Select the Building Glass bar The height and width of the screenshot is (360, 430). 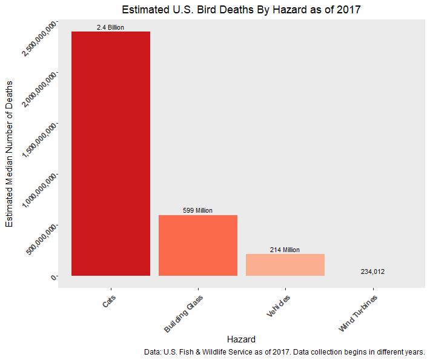tap(198, 245)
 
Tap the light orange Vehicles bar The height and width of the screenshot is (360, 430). tap(285, 265)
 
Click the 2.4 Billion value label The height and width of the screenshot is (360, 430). tap(110, 28)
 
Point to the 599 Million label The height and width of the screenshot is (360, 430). tap(197, 211)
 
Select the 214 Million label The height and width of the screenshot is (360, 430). tap(285, 250)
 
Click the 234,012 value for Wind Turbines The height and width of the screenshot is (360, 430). tap(372, 272)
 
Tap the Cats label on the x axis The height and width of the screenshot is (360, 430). tap(108, 301)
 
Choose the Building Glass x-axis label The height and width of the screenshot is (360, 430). tap(184, 313)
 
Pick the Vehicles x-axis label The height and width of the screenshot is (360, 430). tap(278, 306)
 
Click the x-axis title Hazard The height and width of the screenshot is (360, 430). tap(241, 339)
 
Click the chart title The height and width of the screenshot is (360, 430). tap(241, 10)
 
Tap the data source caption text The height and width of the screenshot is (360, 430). tap(285, 352)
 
